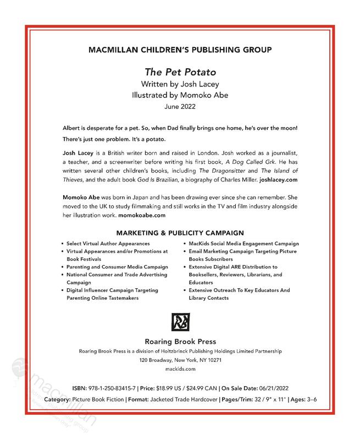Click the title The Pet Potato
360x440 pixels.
(180, 71)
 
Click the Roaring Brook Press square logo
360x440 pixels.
(180, 322)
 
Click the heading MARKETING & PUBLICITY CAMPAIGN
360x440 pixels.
(180, 233)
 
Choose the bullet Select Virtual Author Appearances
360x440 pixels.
(108, 243)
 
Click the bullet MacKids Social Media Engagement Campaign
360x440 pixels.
(243, 243)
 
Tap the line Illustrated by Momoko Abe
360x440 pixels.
(180, 95)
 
